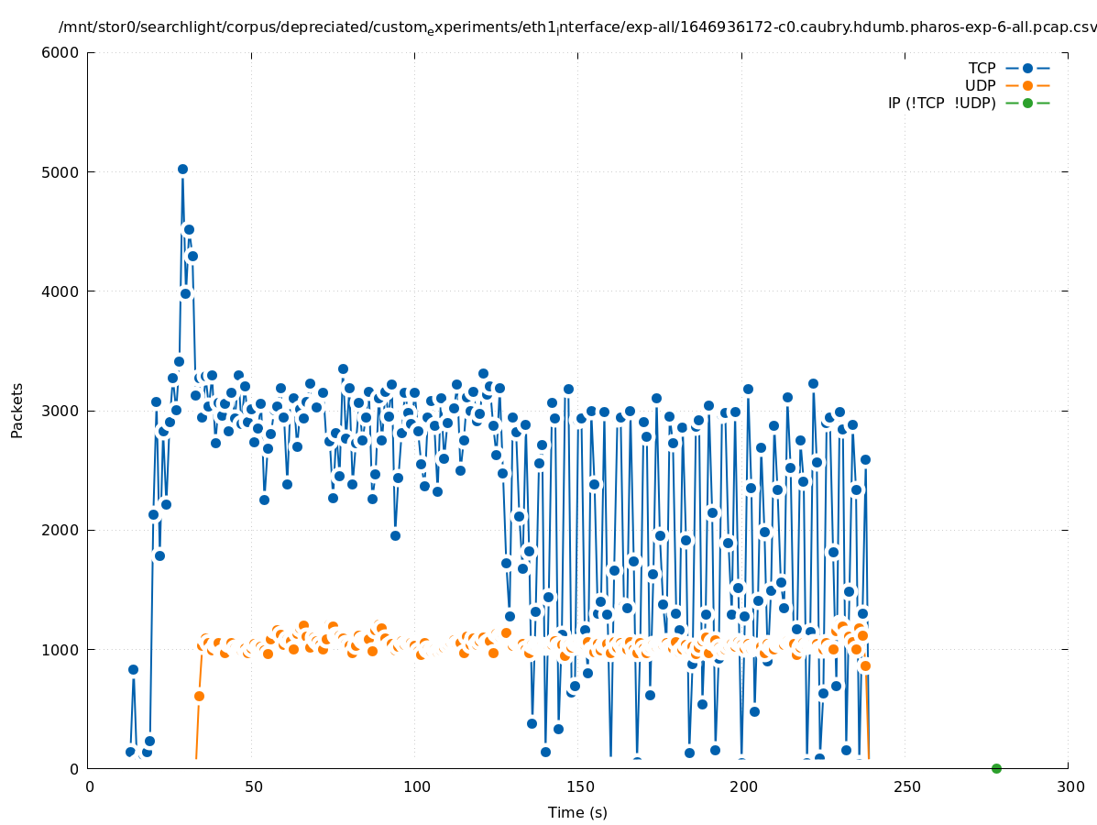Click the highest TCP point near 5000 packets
[x=182, y=170]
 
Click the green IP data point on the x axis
[x=996, y=768]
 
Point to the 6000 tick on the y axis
[x=63, y=53]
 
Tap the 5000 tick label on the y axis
[x=63, y=172]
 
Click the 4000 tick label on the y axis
[x=63, y=291]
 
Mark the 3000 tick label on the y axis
[x=63, y=411]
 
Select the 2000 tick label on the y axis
[x=63, y=530]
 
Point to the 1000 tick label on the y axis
[x=63, y=650]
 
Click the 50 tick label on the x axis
[x=253, y=786]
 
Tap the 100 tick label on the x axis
[x=416, y=786]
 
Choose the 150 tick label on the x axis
[x=579, y=786]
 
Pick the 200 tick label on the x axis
[x=742, y=786]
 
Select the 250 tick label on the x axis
[x=905, y=786]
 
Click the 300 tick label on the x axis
[x=1069, y=786]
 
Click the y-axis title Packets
[x=17, y=411]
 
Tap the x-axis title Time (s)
[x=577, y=812]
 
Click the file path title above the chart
[x=577, y=28]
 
